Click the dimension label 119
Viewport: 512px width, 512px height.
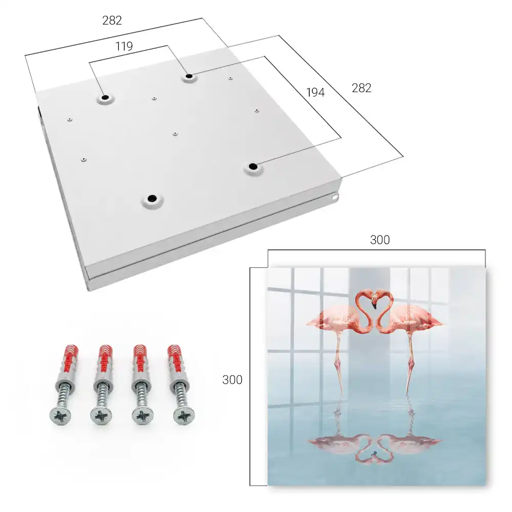[124, 47]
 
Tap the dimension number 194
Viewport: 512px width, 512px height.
[315, 93]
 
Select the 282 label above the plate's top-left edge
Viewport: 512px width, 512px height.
[112, 20]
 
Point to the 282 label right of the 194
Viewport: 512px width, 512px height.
[361, 88]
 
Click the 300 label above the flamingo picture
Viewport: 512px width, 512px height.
[380, 240]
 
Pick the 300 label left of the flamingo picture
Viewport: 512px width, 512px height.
[232, 380]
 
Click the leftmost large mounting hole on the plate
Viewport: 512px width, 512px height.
[105, 98]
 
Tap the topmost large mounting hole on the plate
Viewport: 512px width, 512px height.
[189, 77]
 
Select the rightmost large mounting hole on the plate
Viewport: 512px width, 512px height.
[253, 167]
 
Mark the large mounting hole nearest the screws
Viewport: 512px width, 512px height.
[152, 199]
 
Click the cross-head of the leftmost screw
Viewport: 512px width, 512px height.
[60, 416]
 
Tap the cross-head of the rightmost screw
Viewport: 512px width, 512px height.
[183, 415]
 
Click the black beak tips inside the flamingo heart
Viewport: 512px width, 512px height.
[374, 306]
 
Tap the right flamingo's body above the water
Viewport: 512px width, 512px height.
[412, 317]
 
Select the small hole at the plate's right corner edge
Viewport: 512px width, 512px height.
[336, 197]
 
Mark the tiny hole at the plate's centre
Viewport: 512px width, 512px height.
[175, 134]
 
